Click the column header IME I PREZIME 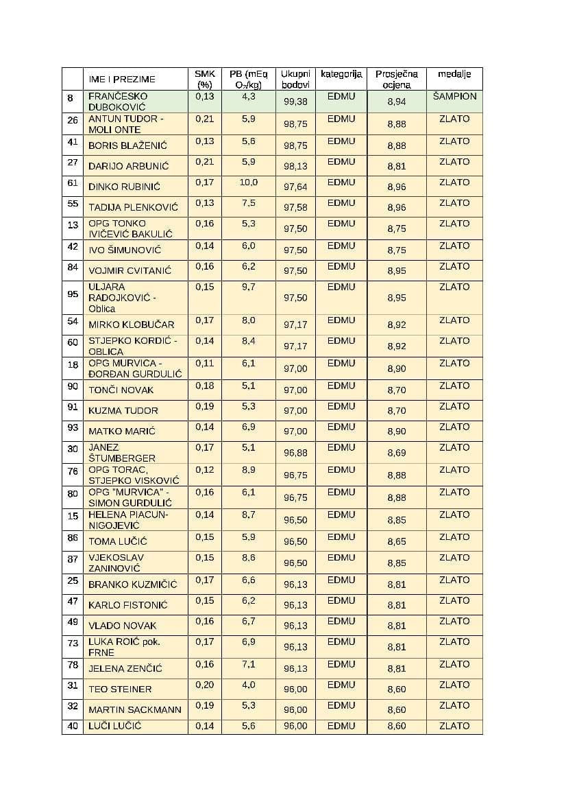point(122,80)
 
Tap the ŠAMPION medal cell point(454,96)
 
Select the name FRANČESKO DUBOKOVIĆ point(117,102)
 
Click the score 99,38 point(295,102)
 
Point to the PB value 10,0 point(249,182)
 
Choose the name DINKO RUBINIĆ point(123,187)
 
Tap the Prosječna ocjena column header point(396,79)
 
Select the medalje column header point(454,74)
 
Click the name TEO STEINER point(120,689)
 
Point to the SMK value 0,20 point(204,685)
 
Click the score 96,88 point(295,453)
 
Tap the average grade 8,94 point(396,102)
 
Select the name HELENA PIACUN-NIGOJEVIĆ point(128,520)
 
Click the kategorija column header point(341,74)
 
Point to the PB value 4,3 point(249,97)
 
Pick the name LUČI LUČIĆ point(114,726)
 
